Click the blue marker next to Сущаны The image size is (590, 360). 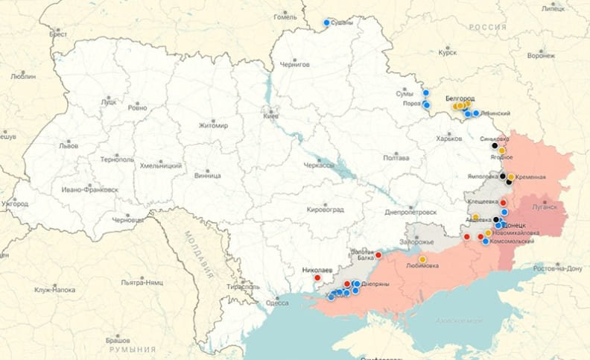pyautogui.click(x=326, y=22)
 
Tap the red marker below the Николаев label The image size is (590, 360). pyautogui.click(x=318, y=278)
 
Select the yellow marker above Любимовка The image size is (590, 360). pyautogui.click(x=422, y=259)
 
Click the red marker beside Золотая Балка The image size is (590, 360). pyautogui.click(x=378, y=255)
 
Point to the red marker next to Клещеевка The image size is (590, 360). pyautogui.click(x=503, y=202)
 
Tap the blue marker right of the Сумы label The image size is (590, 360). pyautogui.click(x=426, y=93)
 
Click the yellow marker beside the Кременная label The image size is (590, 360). pyautogui.click(x=511, y=177)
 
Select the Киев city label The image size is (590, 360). pyautogui.click(x=270, y=116)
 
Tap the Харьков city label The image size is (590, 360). pyautogui.click(x=448, y=139)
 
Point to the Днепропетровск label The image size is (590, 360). pyautogui.click(x=410, y=212)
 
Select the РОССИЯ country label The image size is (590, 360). pyautogui.click(x=487, y=27)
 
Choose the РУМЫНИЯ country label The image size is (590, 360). pyautogui.click(x=133, y=349)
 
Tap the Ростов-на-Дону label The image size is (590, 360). pyautogui.click(x=558, y=267)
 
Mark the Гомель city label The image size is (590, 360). pyautogui.click(x=285, y=16)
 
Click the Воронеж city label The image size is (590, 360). pyautogui.click(x=541, y=55)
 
